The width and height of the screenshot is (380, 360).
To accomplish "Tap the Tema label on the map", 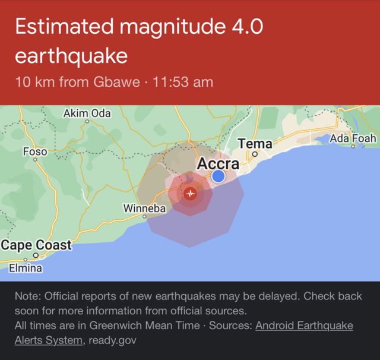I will pos(255,143).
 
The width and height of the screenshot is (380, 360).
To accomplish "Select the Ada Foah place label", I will pos(353,138).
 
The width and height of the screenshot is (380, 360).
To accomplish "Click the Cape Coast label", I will pos(36,244).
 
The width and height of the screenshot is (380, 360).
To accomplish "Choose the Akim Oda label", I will pos(87,113).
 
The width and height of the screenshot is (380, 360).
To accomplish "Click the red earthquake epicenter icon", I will pos(190,193).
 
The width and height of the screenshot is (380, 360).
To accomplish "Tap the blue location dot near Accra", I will pos(218,176).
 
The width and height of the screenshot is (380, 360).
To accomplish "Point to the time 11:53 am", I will pos(183,81).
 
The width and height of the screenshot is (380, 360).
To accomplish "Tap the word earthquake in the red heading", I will pos(71,56).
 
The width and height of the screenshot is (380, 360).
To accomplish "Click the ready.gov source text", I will pos(113,340).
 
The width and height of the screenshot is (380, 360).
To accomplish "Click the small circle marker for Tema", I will pos(255,153).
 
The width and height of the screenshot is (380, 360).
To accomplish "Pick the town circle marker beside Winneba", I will pos(144,217).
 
